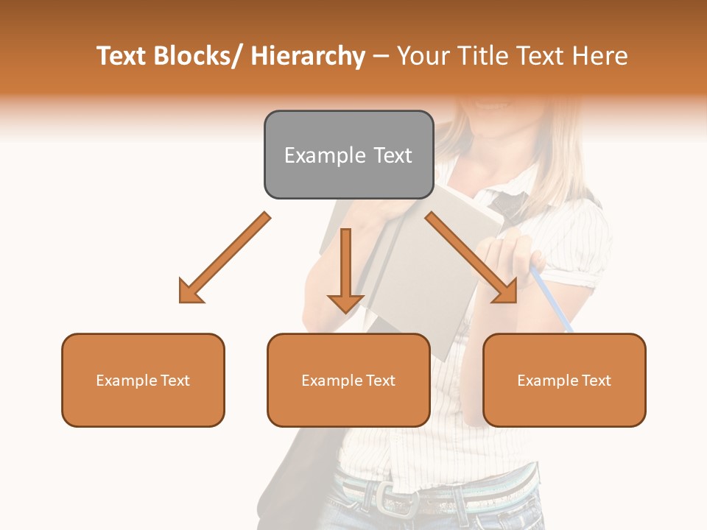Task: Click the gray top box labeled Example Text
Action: pos(348,155)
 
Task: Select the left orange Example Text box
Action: pos(143,380)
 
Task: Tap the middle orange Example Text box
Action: pos(348,380)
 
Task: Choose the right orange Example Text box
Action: pos(564,380)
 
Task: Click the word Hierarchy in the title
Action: pos(307,56)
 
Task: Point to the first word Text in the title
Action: pos(122,56)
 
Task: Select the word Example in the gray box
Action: pos(325,155)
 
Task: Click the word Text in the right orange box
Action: pos(597,380)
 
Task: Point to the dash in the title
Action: pos(381,56)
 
